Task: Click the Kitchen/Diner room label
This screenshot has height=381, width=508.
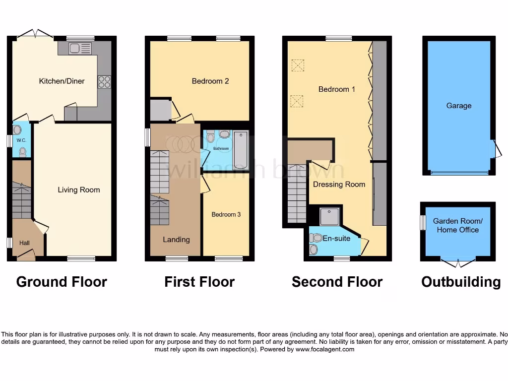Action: (x=62, y=81)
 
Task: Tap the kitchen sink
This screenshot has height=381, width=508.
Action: (x=80, y=48)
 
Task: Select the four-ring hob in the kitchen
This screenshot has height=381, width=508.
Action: (x=104, y=82)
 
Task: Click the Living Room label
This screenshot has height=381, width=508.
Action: (x=78, y=190)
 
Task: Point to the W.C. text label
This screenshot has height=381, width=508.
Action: (x=21, y=140)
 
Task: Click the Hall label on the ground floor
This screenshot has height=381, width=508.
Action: (x=25, y=243)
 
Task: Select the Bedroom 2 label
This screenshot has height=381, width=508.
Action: (x=210, y=81)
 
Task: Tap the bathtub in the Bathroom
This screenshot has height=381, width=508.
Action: (x=241, y=150)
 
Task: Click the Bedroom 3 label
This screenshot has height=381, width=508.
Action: (x=226, y=214)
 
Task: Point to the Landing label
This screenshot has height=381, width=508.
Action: (x=176, y=240)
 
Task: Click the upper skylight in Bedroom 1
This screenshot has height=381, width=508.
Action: (x=297, y=65)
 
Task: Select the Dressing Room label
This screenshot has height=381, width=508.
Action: (x=339, y=184)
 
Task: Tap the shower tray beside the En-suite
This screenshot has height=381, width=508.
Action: (x=329, y=216)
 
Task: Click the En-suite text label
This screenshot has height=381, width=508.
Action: (x=336, y=238)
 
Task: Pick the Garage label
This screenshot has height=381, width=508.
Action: (x=458, y=106)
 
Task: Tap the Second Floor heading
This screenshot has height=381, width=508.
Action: (x=337, y=282)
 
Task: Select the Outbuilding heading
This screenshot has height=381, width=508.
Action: (x=461, y=282)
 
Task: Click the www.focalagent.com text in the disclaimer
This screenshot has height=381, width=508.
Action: (x=325, y=349)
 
